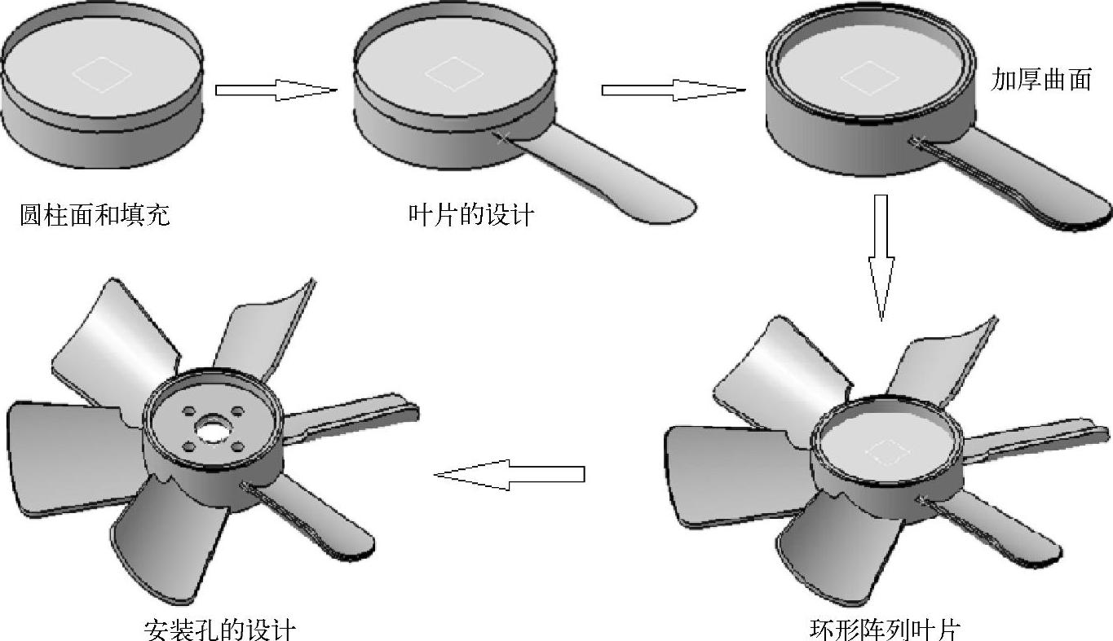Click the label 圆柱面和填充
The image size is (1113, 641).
(x=95, y=214)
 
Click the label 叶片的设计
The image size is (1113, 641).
(x=471, y=214)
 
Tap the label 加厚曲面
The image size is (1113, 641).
(x=1040, y=80)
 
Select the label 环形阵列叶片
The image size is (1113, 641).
(x=885, y=629)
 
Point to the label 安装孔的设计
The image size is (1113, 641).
(x=219, y=629)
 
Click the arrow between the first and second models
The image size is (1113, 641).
(x=276, y=90)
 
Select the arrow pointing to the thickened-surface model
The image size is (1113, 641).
(x=674, y=90)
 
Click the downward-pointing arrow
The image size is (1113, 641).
(x=881, y=257)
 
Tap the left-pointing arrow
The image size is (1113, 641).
(x=510, y=475)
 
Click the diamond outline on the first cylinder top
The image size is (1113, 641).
(x=103, y=74)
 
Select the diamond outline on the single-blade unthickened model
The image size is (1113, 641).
(x=454, y=74)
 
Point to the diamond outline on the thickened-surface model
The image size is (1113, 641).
(x=869, y=78)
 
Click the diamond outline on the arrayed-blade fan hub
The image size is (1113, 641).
(x=889, y=452)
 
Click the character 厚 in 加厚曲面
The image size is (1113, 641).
(x=1028, y=80)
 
